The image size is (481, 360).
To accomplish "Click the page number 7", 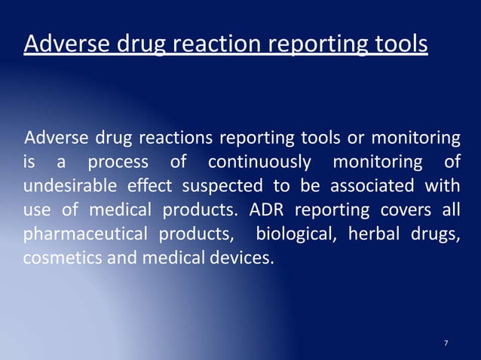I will point(446,343).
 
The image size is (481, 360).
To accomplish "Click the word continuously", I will point(259,162).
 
